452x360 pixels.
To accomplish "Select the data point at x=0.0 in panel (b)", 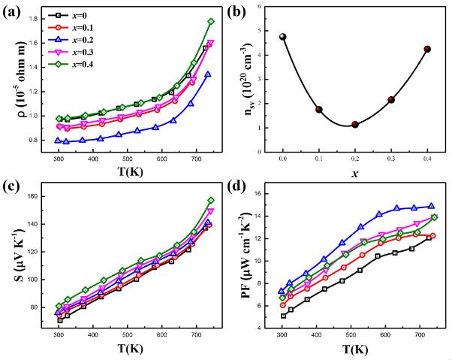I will pos(283,37).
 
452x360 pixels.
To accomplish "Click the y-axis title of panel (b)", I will pos(238,77).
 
